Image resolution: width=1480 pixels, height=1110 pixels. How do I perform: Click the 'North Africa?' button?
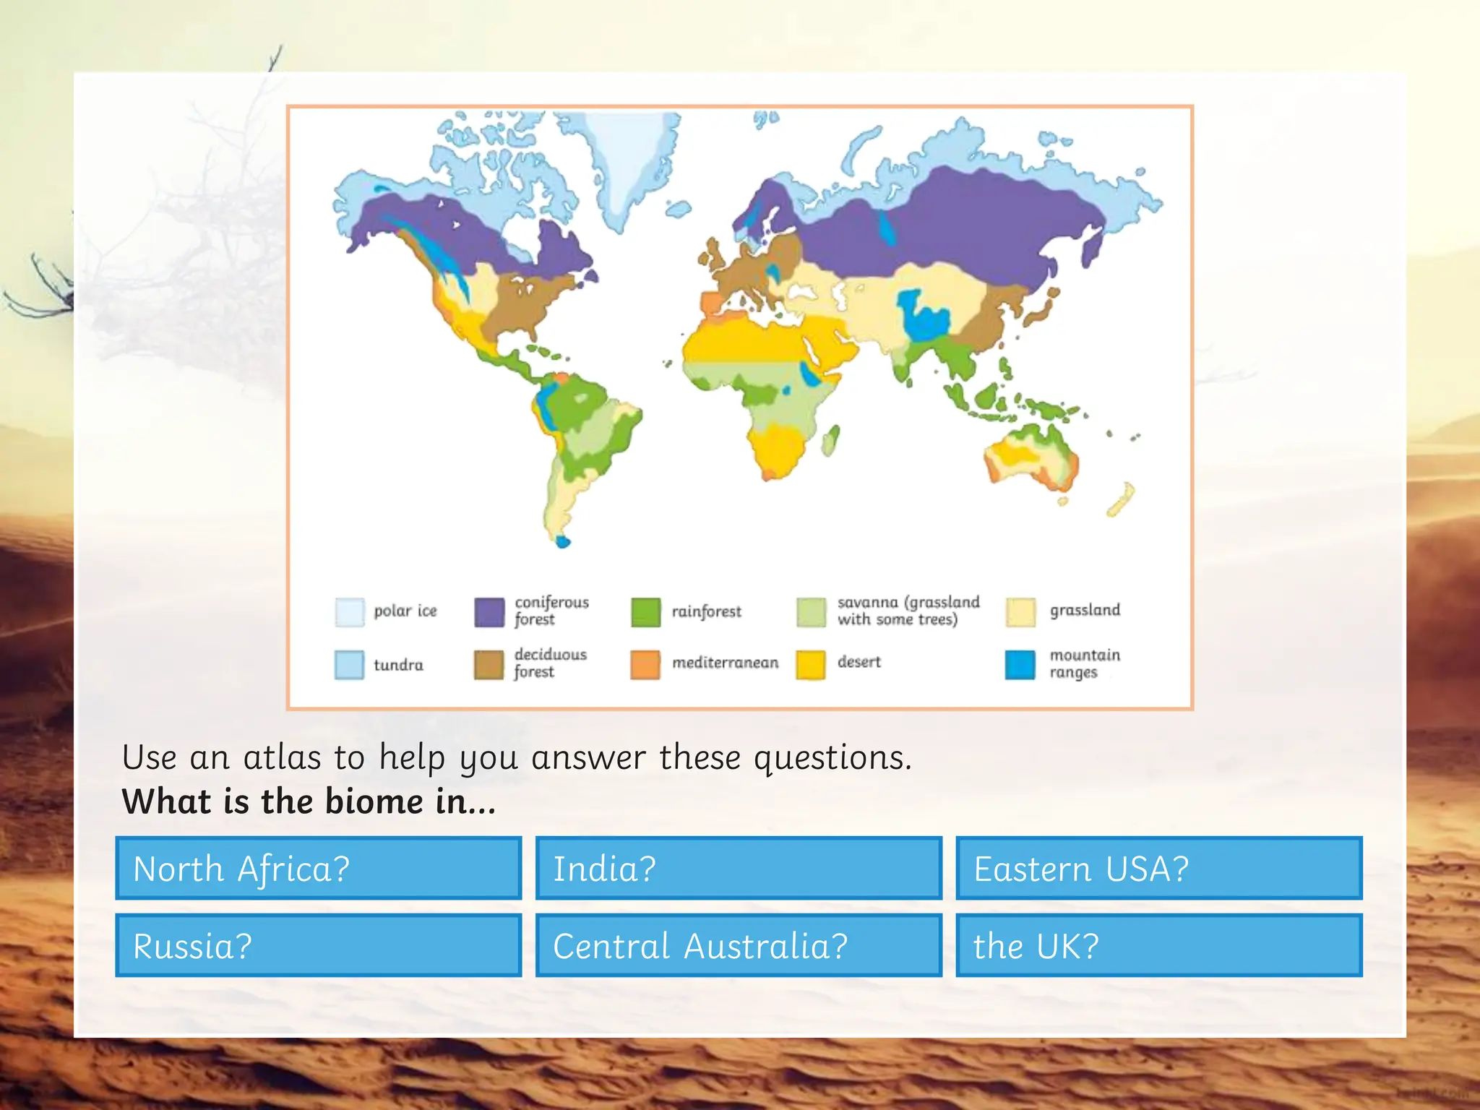pos(318,868)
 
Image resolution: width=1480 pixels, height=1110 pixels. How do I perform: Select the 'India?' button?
pos(739,868)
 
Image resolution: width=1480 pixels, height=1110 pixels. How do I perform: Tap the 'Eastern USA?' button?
pos(1158,868)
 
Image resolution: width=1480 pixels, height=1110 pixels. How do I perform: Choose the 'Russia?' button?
pos(318,945)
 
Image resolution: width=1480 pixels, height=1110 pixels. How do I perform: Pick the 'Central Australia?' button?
pos(739,945)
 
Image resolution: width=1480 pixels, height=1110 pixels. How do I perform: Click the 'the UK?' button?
pos(1158,945)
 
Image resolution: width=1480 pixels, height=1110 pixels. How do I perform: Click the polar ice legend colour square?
pos(350,612)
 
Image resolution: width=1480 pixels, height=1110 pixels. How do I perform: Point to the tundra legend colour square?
pos(350,665)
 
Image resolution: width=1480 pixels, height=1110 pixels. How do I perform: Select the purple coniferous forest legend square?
pos(489,612)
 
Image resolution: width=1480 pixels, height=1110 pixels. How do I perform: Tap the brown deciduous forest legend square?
pos(489,665)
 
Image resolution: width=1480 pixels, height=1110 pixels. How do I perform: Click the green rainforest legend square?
pos(645,612)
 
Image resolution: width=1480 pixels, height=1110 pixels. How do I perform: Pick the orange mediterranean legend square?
pos(645,665)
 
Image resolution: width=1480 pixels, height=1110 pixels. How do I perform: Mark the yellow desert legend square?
pos(811,665)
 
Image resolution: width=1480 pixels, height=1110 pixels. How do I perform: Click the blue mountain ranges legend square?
pos(1020,665)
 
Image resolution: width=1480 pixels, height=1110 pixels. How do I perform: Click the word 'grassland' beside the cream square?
pos(1085,611)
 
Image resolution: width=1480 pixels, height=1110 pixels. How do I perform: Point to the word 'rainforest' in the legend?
pos(706,612)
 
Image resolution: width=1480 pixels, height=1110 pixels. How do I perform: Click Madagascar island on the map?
pos(831,440)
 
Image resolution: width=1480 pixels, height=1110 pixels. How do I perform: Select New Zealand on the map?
pos(1121,499)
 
